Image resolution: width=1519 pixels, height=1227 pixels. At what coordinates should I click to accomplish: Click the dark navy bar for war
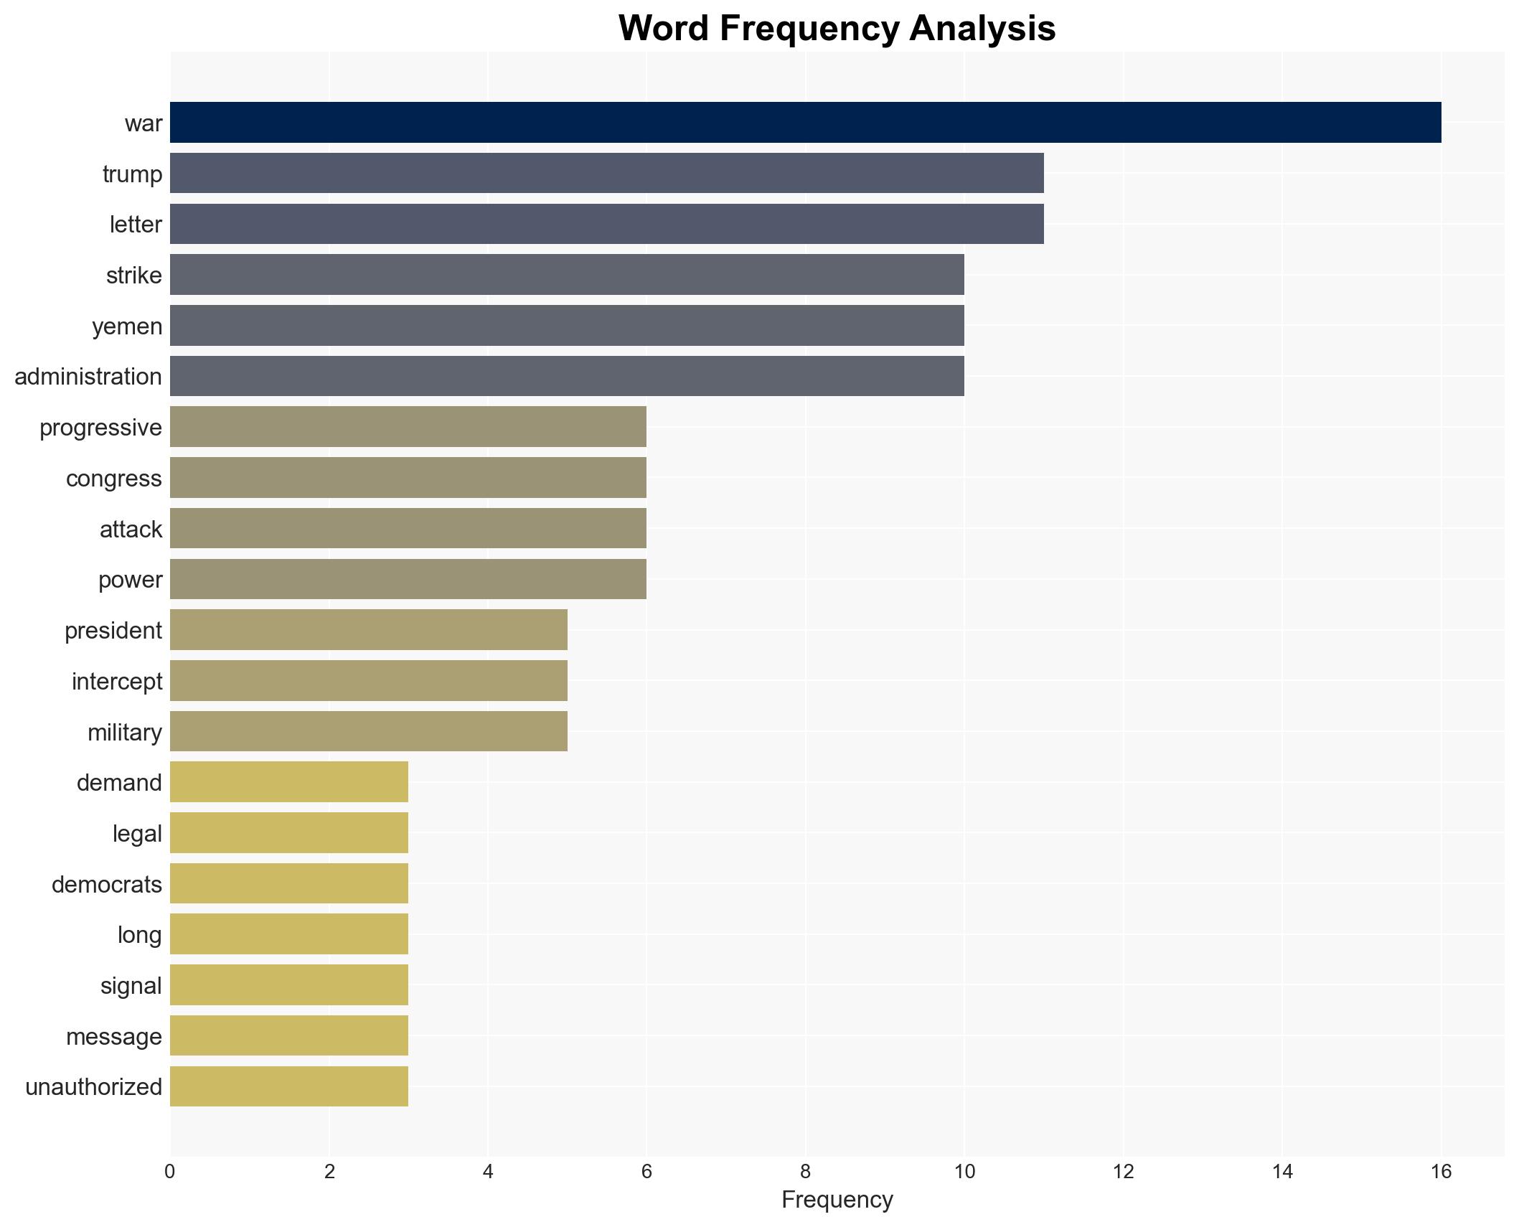(x=805, y=123)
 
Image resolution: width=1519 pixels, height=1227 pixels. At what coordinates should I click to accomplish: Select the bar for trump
(x=606, y=174)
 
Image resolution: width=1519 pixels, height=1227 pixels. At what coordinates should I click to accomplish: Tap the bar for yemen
(x=567, y=326)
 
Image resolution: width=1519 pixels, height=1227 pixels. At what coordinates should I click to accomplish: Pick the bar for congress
(x=408, y=478)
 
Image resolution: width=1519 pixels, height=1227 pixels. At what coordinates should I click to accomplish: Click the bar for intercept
(x=368, y=681)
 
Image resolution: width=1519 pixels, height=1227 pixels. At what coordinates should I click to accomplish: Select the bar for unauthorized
(x=288, y=1086)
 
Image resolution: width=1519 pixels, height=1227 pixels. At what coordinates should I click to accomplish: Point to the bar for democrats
(x=288, y=884)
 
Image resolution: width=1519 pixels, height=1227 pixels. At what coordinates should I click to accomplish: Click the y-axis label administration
(x=88, y=377)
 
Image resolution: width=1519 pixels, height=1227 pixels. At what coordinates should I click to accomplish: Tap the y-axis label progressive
(x=100, y=428)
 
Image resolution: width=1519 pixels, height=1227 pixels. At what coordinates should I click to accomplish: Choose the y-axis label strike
(x=134, y=276)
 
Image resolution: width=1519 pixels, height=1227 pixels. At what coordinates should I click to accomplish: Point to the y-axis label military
(x=125, y=733)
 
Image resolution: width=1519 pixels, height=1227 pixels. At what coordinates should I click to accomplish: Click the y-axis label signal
(x=131, y=986)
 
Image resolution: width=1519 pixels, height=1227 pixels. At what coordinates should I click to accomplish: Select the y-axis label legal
(x=137, y=834)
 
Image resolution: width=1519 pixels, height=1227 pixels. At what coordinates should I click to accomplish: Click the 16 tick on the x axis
(x=1441, y=1172)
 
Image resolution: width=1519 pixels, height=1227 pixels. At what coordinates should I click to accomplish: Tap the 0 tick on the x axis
(x=170, y=1172)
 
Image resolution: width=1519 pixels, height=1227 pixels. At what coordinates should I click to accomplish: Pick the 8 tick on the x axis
(x=805, y=1172)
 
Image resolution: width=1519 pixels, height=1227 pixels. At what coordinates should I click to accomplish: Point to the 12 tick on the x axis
(x=1123, y=1172)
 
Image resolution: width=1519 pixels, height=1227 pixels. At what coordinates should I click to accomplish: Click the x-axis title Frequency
(x=837, y=1200)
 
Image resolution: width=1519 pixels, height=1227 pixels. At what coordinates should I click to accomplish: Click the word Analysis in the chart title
(x=982, y=29)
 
